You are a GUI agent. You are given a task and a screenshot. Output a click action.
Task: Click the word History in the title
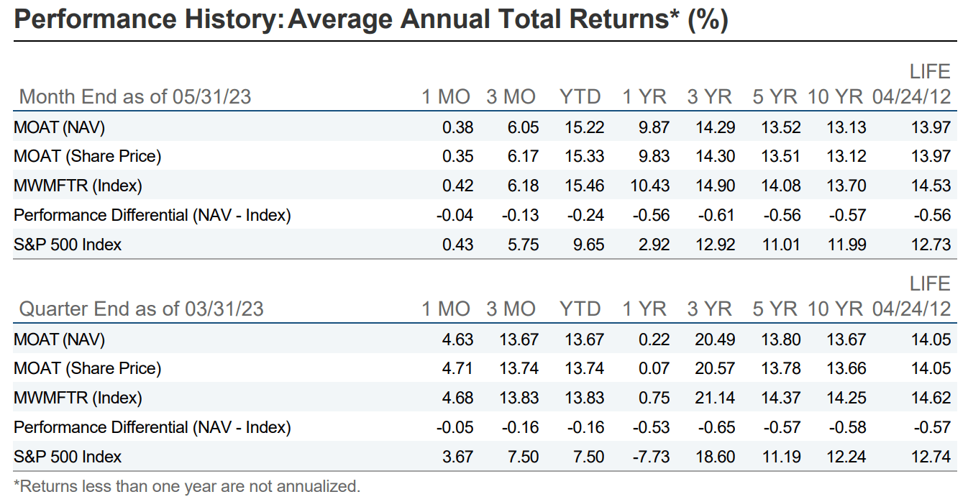coord(227,19)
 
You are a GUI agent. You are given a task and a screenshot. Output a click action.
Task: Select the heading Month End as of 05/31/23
coord(134,96)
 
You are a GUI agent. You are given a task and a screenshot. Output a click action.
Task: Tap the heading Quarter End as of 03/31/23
coord(141,309)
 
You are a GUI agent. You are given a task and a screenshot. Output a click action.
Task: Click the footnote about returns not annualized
coord(186,486)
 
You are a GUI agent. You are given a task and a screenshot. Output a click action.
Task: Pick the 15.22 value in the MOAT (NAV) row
coord(582,127)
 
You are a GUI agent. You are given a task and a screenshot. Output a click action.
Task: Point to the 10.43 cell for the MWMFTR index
coord(649,186)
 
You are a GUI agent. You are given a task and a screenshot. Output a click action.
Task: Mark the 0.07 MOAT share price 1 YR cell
coord(654,368)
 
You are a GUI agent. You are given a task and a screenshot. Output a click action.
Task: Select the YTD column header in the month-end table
coord(580,96)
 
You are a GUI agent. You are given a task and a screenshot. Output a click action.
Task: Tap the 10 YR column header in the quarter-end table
coord(834,309)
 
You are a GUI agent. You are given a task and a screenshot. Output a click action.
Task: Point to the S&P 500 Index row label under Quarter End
coord(68,457)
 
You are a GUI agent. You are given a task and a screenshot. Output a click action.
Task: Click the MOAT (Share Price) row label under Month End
coord(87,156)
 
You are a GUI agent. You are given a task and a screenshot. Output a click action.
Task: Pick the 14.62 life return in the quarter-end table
coord(931,398)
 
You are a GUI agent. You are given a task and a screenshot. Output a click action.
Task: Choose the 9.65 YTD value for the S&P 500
coord(587,245)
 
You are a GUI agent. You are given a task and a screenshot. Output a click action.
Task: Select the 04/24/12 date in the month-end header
coord(911,96)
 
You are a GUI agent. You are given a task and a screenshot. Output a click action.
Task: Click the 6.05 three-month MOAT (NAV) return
coord(522,127)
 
